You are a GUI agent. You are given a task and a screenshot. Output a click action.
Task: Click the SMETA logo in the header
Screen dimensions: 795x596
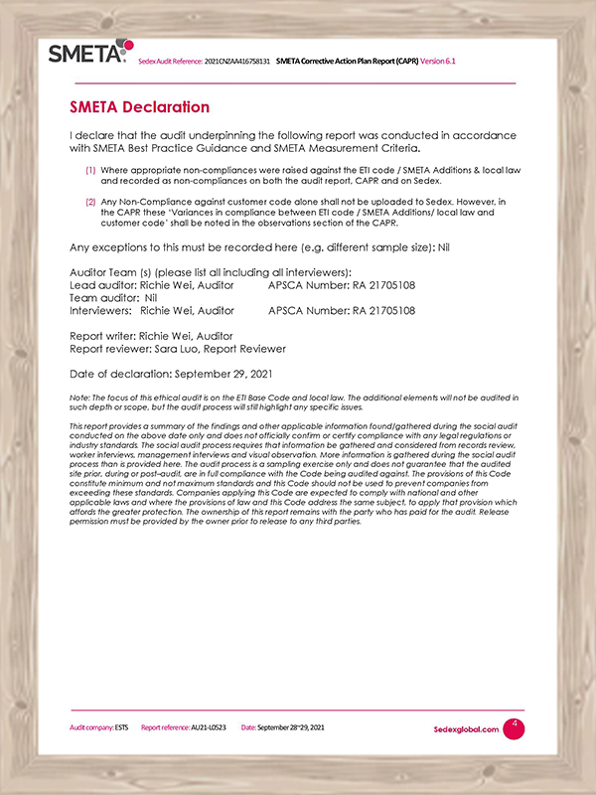click(87, 52)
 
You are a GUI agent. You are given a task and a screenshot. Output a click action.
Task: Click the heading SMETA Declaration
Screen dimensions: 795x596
click(139, 107)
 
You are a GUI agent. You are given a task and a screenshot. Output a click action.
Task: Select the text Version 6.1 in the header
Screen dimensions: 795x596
click(438, 62)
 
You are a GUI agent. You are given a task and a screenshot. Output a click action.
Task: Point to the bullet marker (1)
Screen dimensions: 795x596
click(89, 170)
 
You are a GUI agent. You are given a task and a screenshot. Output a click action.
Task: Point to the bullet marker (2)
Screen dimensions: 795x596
click(89, 202)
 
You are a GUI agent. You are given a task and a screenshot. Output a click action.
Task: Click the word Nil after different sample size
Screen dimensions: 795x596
click(444, 246)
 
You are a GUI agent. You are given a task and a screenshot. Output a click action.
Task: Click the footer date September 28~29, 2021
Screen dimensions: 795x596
click(291, 728)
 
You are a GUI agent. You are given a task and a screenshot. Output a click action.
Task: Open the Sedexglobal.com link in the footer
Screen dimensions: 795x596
click(466, 729)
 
